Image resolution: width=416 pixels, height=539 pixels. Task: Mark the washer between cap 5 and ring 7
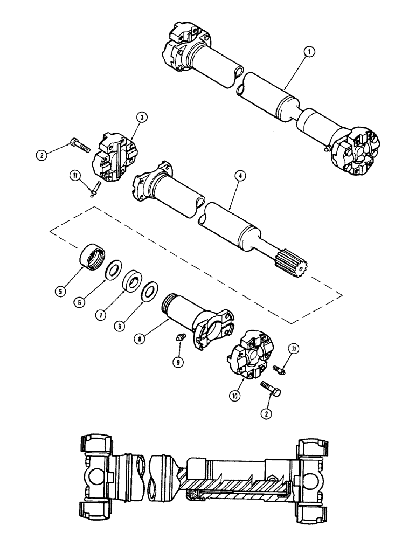point(113,269)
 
